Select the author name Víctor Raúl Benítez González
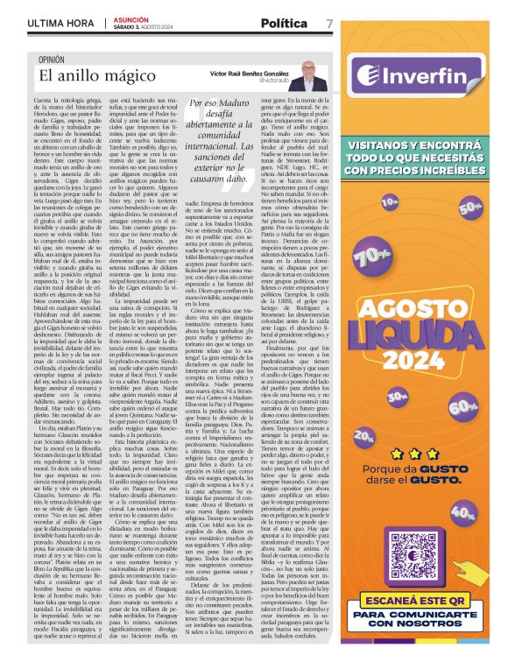249,75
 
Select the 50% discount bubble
469,208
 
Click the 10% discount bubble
389,201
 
